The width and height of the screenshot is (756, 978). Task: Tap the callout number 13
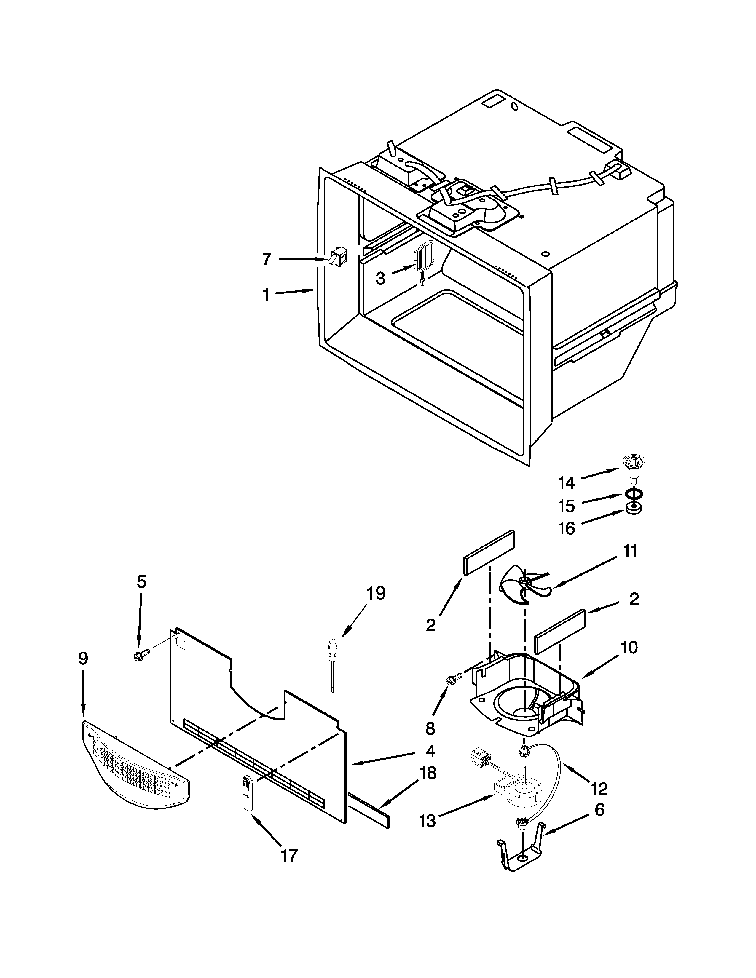(x=428, y=822)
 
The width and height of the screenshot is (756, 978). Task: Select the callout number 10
(x=629, y=648)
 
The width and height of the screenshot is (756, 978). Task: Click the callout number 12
(x=599, y=789)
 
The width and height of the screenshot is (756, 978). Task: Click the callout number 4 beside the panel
(x=430, y=750)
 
